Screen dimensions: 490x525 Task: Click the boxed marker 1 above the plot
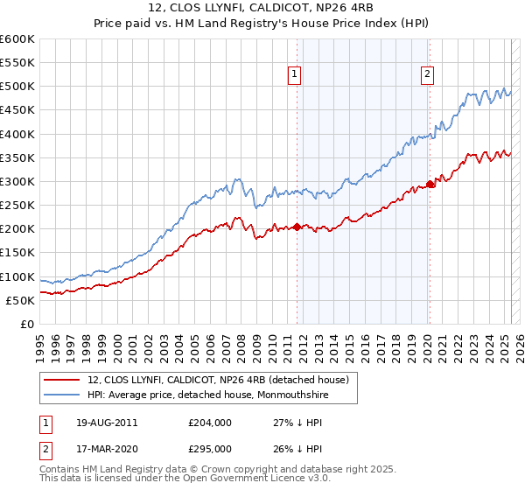tap(295, 75)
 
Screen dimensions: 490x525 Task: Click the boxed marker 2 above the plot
tap(428, 75)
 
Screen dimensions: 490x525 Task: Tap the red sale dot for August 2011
tap(297, 227)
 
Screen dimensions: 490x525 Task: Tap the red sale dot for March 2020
tap(430, 184)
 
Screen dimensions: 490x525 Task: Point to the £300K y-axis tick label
tap(17, 181)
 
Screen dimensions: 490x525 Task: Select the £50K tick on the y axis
tap(20, 300)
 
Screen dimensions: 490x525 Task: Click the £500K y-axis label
tap(17, 87)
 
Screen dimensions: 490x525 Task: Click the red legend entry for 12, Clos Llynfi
tap(219, 379)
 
